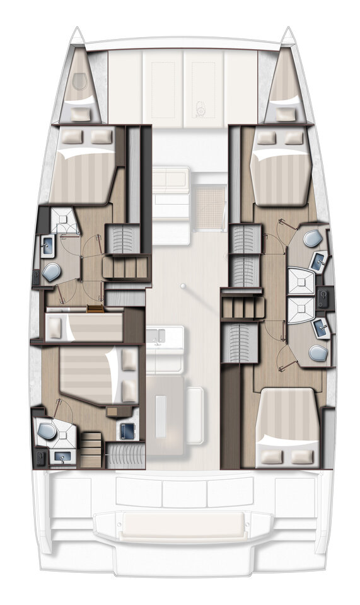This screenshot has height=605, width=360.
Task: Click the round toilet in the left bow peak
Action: click(x=79, y=82)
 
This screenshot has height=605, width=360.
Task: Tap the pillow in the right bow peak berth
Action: click(x=285, y=114)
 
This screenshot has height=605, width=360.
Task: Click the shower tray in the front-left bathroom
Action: click(x=63, y=221)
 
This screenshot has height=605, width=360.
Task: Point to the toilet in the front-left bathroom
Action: click(x=50, y=272)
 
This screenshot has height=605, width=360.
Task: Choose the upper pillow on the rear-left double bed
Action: click(x=130, y=360)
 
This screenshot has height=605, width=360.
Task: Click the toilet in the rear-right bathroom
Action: click(x=318, y=354)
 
